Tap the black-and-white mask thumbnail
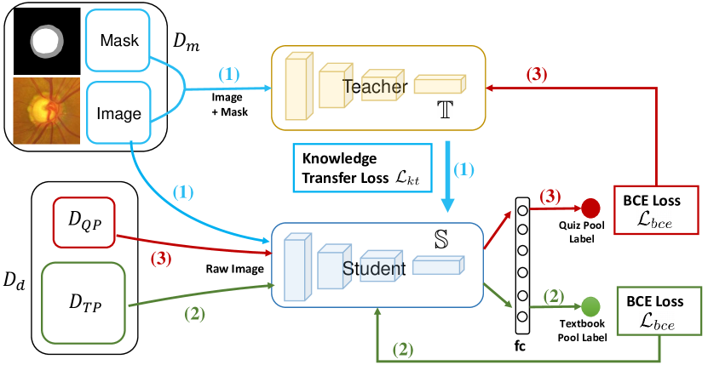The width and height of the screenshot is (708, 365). tap(43, 40)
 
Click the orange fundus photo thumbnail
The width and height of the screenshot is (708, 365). tap(43, 110)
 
